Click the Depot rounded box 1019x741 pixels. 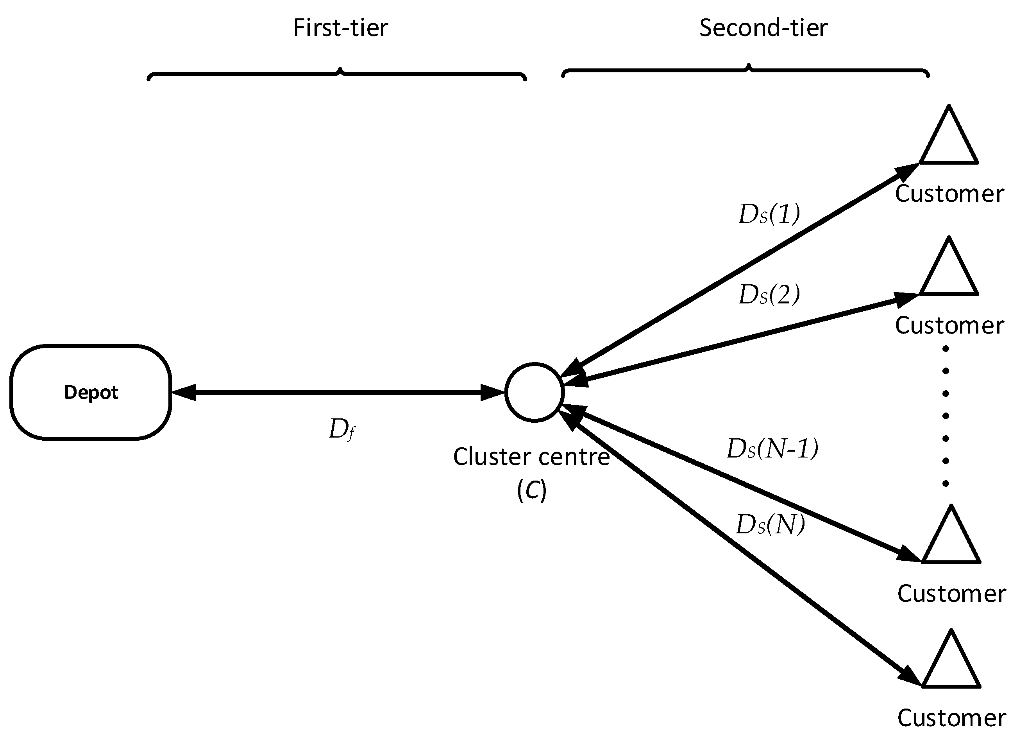(90, 392)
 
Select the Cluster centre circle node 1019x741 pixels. (534, 392)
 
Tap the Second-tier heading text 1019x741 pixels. (763, 28)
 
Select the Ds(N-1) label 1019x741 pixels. (772, 449)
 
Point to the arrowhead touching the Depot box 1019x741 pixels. (184, 392)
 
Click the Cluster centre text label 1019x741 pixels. (531, 457)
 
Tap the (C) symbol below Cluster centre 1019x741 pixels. (531, 490)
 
